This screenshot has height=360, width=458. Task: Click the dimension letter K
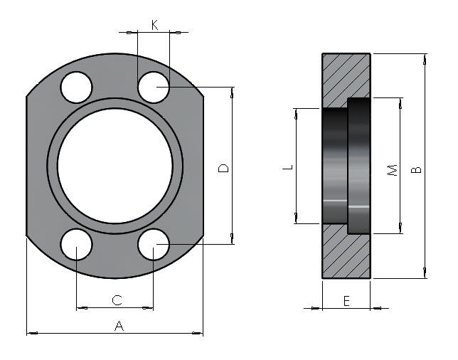154,25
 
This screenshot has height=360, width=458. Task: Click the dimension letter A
119,326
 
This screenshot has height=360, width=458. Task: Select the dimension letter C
117,301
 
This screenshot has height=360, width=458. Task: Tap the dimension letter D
223,168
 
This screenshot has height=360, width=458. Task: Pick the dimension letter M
391,171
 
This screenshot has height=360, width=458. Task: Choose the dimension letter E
346,301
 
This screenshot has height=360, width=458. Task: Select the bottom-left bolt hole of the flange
76,245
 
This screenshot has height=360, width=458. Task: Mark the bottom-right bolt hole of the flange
154,245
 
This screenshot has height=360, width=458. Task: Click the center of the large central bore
115,166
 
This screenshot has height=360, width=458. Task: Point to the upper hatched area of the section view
346,75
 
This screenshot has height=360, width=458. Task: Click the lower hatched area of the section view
346,256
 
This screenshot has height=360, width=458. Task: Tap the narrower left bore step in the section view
335,166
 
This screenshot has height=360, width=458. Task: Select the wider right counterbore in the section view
359,166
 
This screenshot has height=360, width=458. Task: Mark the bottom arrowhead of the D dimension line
231,239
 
